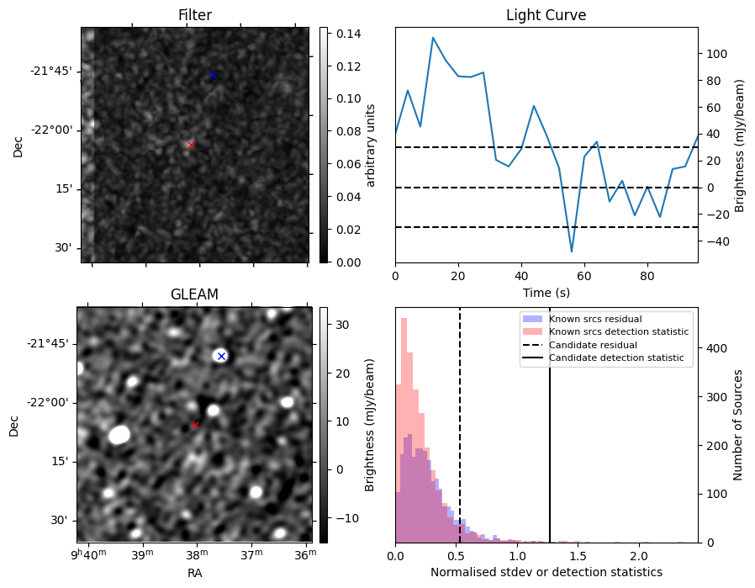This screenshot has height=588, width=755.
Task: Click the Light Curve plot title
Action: click(x=546, y=15)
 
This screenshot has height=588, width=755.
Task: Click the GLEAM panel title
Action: click(x=194, y=294)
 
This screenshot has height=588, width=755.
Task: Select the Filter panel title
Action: click(x=194, y=15)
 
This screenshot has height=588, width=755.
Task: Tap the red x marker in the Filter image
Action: click(x=191, y=145)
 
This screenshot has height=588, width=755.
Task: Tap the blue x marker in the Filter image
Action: click(x=213, y=75)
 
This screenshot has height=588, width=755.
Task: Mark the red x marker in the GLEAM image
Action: click(x=195, y=425)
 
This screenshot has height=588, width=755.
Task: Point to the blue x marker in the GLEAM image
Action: click(x=221, y=356)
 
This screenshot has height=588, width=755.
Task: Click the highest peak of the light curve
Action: click(x=433, y=38)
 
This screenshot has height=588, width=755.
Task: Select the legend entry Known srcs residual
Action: click(x=595, y=319)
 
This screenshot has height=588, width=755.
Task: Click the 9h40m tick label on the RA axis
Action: click(x=88, y=554)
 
